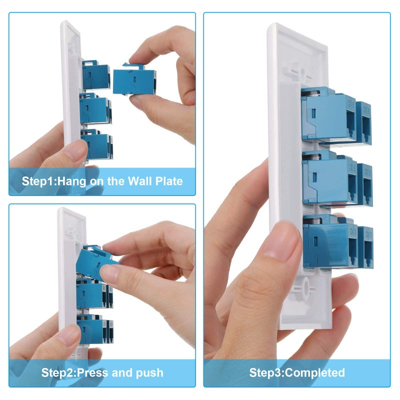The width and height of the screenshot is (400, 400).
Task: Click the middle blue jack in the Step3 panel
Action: tap(330, 180)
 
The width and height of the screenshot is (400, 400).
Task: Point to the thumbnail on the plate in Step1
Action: tap(75, 150)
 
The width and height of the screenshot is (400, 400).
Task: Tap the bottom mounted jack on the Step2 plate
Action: tap(92, 327)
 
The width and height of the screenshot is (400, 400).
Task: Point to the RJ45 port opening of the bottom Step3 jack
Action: tap(367, 247)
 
